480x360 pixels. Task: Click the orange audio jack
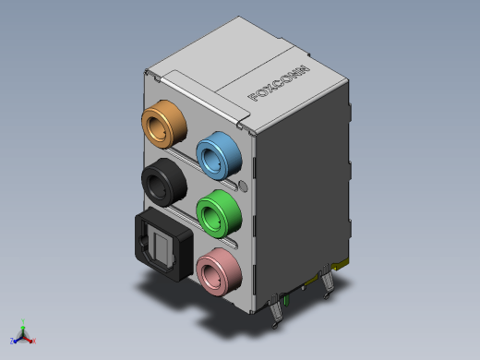click(164, 124)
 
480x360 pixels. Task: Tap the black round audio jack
click(164, 182)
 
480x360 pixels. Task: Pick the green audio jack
click(219, 213)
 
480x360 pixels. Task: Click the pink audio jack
click(219, 272)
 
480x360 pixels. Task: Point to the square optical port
click(163, 245)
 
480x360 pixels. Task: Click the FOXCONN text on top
click(279, 83)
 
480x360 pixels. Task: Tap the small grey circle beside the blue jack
click(243, 186)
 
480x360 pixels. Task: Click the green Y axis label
click(23, 322)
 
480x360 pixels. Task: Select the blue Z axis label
click(12, 341)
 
